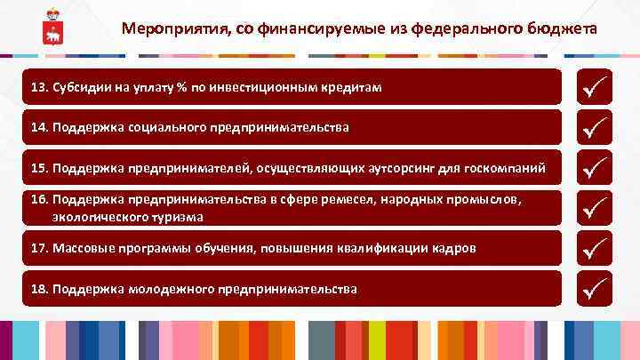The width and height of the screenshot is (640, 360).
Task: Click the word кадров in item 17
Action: point(455,249)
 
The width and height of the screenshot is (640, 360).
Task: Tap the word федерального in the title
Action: point(462,28)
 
